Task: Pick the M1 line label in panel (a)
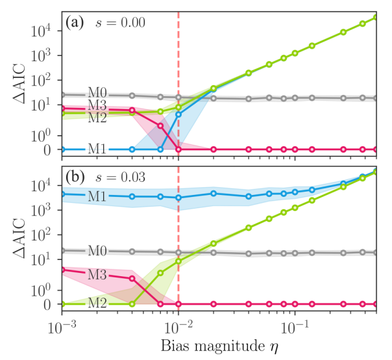click(97, 149)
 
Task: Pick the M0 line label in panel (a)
click(97, 96)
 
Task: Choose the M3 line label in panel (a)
click(97, 105)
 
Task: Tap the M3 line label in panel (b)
click(97, 275)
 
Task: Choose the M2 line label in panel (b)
click(97, 304)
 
